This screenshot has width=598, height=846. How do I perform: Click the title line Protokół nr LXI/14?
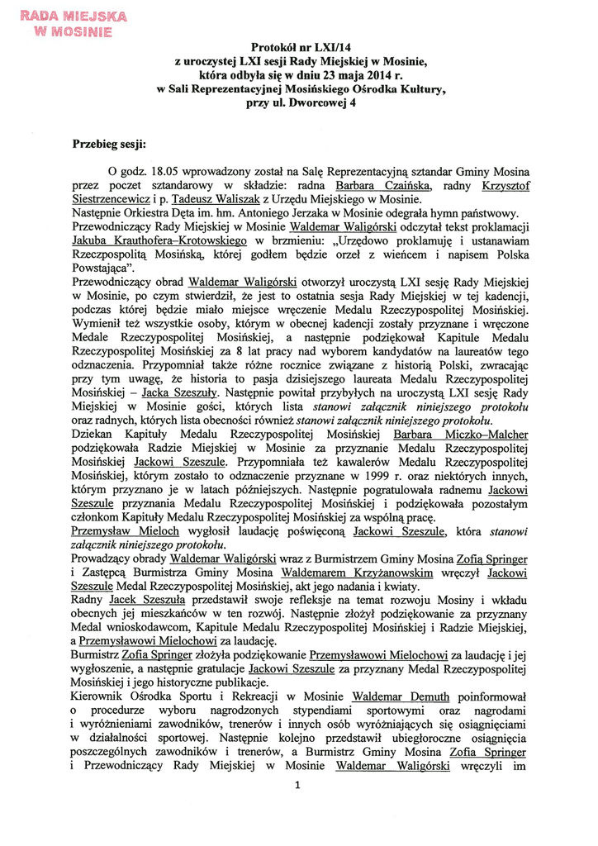pos(299,50)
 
